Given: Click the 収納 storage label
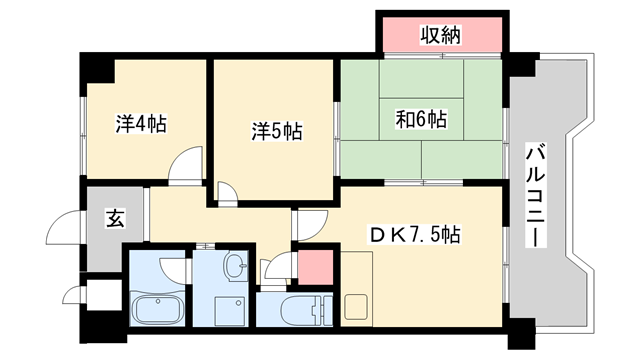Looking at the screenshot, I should (x=439, y=36).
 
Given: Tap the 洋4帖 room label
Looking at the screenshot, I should (x=141, y=124).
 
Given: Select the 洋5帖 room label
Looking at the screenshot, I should (x=276, y=130).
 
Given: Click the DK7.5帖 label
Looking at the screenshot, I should (x=416, y=235).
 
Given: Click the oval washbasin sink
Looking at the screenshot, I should (x=235, y=267).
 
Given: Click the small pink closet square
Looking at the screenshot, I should (x=315, y=267).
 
